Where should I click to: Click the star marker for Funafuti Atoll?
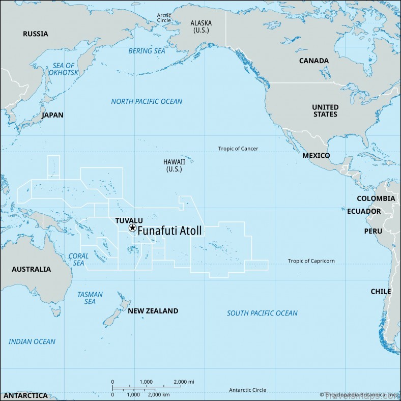(132, 228)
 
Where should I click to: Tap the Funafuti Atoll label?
(169, 231)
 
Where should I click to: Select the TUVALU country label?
(129, 220)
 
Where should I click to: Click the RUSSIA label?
(36, 34)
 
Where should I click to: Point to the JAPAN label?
(52, 115)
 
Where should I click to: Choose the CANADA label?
(313, 61)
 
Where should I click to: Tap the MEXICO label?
(316, 155)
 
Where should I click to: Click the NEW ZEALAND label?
(153, 310)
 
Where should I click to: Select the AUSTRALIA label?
(32, 269)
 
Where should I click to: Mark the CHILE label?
(381, 291)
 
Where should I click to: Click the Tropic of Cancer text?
(238, 149)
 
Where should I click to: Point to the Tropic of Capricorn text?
(311, 261)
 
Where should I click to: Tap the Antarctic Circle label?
(247, 390)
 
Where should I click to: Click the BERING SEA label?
(147, 51)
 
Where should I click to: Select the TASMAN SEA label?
(90, 298)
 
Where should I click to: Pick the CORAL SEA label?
(78, 260)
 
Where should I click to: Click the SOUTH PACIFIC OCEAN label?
(262, 313)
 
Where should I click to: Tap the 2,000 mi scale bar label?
(184, 382)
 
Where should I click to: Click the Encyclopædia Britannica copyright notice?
(359, 394)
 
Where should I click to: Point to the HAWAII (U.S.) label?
(174, 165)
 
